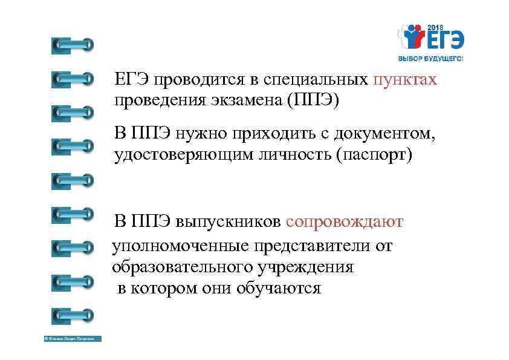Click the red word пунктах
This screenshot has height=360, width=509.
(x=404, y=80)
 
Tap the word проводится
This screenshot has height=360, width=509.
(x=196, y=80)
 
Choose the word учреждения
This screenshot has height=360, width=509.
(x=315, y=267)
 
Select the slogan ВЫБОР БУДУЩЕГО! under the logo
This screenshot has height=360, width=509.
(x=430, y=59)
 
